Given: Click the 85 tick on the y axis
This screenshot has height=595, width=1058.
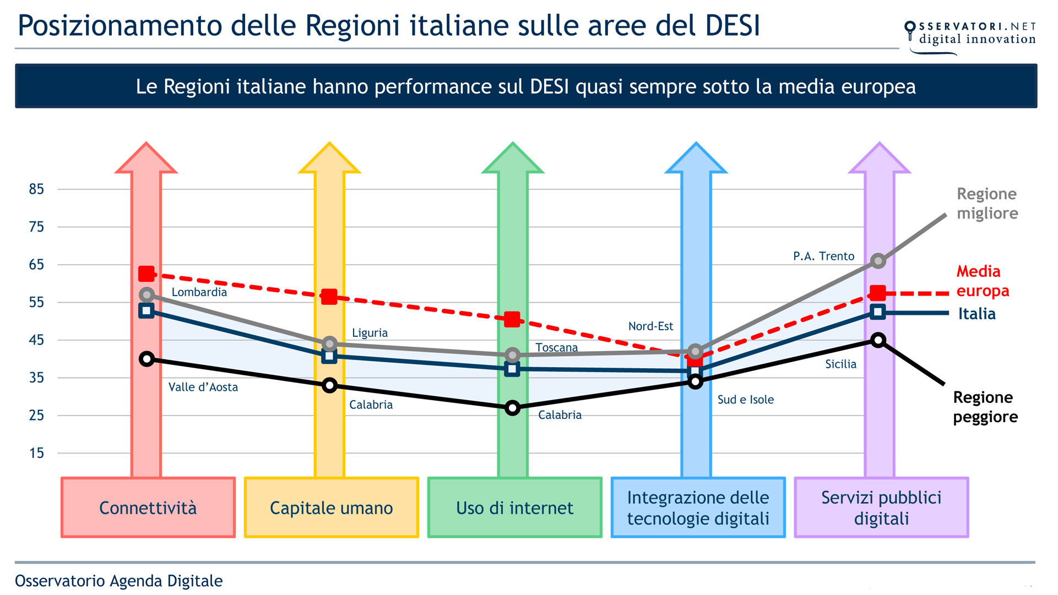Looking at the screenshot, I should coord(36,189).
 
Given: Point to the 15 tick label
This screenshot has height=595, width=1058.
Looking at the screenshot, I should coord(36,453).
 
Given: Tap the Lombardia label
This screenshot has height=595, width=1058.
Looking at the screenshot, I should coord(199,292).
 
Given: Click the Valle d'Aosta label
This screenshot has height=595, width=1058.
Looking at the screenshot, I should coord(203,387).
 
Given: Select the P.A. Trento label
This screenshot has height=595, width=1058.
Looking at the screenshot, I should coord(823,256).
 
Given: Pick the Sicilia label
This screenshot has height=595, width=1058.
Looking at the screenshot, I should coord(840,364).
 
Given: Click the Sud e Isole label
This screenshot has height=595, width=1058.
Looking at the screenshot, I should coord(745,400).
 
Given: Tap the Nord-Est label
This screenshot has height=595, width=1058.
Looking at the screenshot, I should coord(650,326).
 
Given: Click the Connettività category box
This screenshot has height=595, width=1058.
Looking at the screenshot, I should coord(148,507).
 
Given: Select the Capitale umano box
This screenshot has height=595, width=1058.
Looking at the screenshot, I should coord(331,507).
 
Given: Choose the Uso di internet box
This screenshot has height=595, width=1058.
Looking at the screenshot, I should coord(514,507).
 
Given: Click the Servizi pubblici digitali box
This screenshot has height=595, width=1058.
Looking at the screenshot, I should coord(881,507).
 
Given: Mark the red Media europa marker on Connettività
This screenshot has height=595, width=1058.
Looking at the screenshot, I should coord(147,274).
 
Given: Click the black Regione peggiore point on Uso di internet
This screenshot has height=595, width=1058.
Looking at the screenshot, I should coord(512,408).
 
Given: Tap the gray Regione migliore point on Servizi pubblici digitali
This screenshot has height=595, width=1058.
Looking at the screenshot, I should coord(878,261).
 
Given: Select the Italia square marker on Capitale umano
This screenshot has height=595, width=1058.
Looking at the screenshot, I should coord(329,356).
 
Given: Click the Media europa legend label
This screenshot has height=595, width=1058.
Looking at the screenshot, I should coord(983,281).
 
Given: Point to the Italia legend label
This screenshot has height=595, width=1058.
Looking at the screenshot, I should coord(976,314).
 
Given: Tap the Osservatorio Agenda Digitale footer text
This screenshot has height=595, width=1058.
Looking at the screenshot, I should coord(118,581).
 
